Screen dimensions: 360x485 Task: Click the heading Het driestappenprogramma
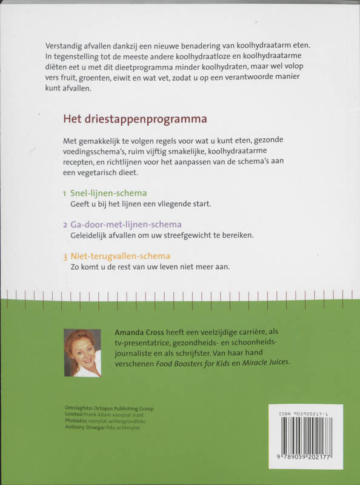(x=135, y=118)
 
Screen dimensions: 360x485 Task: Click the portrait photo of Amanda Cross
(x=82, y=353)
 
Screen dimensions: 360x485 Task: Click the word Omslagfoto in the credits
(x=79, y=408)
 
